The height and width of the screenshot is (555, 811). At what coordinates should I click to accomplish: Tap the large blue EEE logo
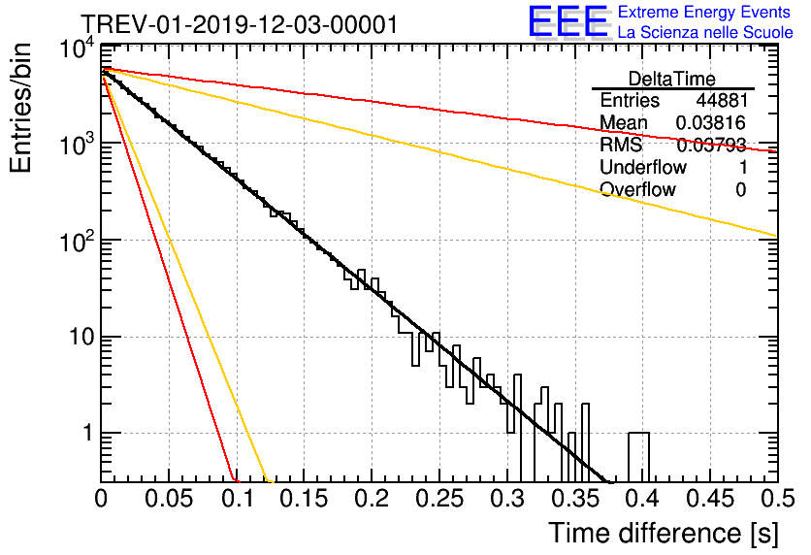point(568,22)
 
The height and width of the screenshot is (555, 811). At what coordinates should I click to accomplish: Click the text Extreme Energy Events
point(704,13)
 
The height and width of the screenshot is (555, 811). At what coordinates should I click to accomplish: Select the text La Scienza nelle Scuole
point(704,33)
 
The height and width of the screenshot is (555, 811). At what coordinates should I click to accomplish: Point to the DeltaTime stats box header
point(671,78)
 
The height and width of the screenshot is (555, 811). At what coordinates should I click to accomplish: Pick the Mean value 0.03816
point(711,123)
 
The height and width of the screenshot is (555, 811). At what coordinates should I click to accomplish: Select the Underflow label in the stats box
point(643,167)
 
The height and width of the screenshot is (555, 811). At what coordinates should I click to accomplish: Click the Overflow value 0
point(740,189)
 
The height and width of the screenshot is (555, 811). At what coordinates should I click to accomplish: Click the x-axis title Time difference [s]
point(662,533)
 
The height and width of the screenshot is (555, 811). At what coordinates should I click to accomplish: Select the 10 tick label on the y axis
point(76,338)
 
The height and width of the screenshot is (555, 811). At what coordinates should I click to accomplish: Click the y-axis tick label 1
point(85,434)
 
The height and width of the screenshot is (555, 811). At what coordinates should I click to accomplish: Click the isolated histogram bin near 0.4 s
point(638,456)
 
